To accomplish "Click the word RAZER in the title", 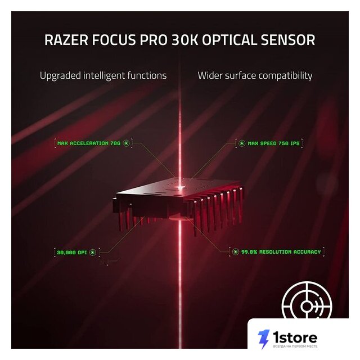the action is point(66,40).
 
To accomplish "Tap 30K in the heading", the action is point(186,40).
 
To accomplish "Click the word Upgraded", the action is point(60,76).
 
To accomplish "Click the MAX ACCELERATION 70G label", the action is point(89,143).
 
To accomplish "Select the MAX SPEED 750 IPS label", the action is point(274,143).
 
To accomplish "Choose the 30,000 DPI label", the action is point(72,253).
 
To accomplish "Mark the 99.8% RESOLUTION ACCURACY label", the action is point(281,252).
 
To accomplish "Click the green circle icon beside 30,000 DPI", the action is point(93,253).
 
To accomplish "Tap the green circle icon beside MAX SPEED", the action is point(241,143).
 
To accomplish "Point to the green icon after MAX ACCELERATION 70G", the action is point(126,143).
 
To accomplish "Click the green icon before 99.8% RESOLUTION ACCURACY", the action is point(235,252).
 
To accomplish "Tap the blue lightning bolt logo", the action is point(264,339).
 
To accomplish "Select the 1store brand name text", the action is point(295,337).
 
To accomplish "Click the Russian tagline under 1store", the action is point(295,346).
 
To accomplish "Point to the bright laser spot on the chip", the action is point(180,187).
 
